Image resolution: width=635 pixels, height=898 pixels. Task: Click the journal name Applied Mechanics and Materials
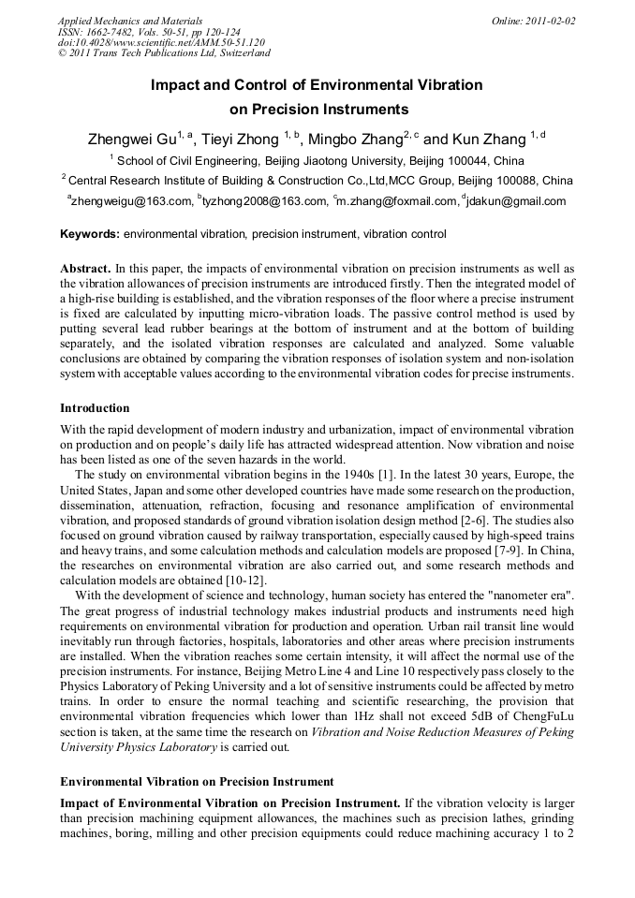[129, 21]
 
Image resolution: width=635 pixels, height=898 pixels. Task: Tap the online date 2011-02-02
[545, 21]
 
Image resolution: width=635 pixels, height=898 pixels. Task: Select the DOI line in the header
[161, 43]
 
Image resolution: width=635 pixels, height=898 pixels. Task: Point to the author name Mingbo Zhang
[354, 139]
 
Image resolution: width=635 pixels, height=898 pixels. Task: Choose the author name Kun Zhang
[493, 139]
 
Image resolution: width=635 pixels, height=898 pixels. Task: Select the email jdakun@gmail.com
[517, 200]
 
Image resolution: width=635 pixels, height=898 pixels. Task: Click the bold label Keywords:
[90, 234]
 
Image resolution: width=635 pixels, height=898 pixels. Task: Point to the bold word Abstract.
[85, 269]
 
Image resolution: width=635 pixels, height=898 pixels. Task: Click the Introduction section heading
[95, 408]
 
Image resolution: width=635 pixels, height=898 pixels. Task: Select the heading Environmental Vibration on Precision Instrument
[197, 781]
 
